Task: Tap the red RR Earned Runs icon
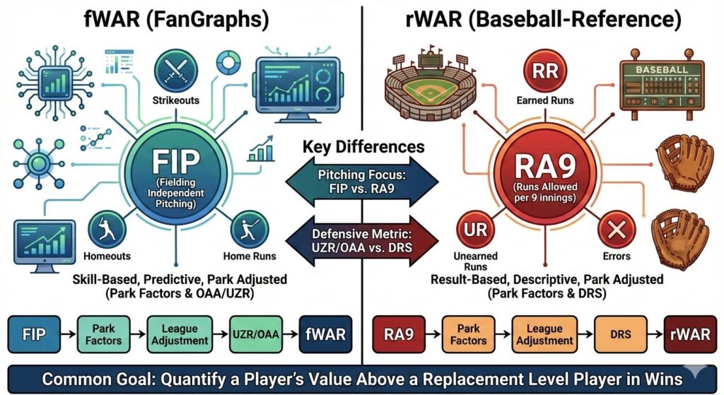[545, 71]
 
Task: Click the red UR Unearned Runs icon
[475, 230]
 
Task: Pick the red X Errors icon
[617, 230]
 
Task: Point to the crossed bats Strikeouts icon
[176, 71]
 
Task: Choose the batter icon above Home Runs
[249, 230]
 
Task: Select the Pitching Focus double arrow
[362, 182]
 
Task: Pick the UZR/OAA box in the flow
[256, 334]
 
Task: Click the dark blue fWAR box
[325, 334]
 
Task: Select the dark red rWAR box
[690, 334]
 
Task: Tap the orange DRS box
[620, 334]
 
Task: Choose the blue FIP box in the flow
[34, 334]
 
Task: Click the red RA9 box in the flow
[399, 334]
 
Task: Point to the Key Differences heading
[363, 147]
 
